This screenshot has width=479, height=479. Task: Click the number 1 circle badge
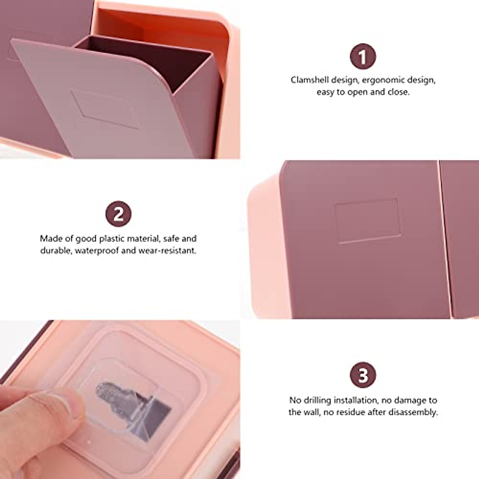[x=363, y=57]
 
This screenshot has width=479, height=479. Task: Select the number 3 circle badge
[x=363, y=376]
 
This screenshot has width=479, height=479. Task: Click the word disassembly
[x=414, y=412]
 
